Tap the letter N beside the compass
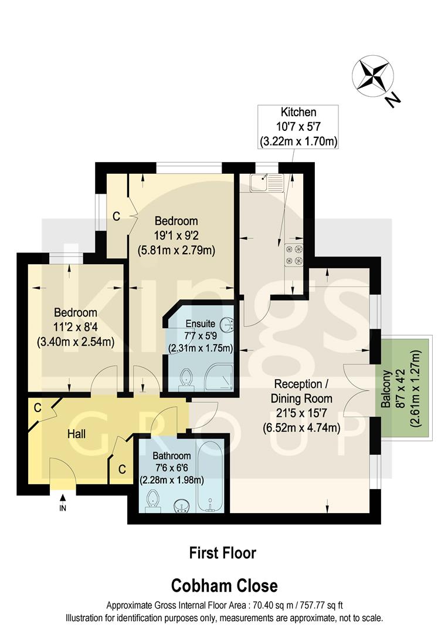point(392,100)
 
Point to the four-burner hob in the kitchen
point(294,254)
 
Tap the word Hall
point(76,434)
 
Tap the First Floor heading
point(223,552)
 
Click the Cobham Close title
point(224,585)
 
